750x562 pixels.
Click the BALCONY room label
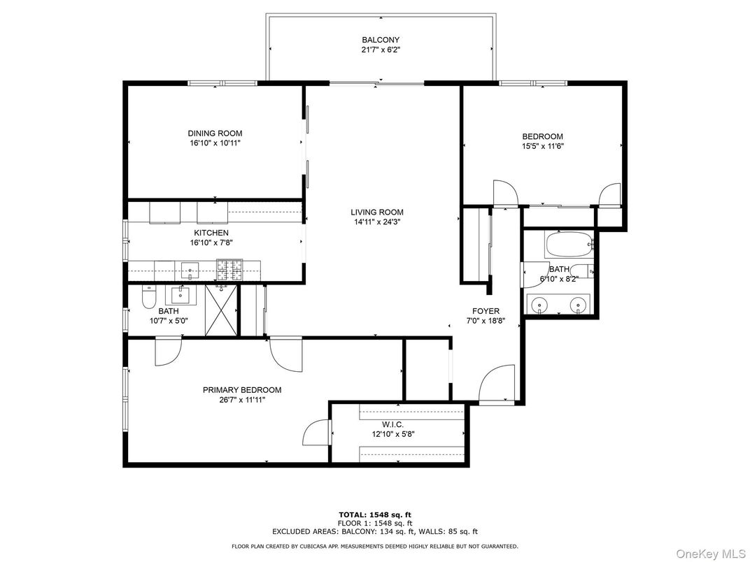tap(381, 40)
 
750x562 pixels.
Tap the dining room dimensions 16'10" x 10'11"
tap(215, 143)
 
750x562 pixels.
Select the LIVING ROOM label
tap(377, 212)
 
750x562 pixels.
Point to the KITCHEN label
tap(211, 233)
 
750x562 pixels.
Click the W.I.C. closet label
tap(392, 424)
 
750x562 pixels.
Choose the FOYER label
tap(486, 311)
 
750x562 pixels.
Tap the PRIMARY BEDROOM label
tap(242, 390)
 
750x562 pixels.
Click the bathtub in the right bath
tap(568, 245)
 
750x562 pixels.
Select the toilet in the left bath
tap(148, 298)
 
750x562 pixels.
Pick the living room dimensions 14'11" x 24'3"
tap(377, 222)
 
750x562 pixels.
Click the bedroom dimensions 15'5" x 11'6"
tap(542, 146)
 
